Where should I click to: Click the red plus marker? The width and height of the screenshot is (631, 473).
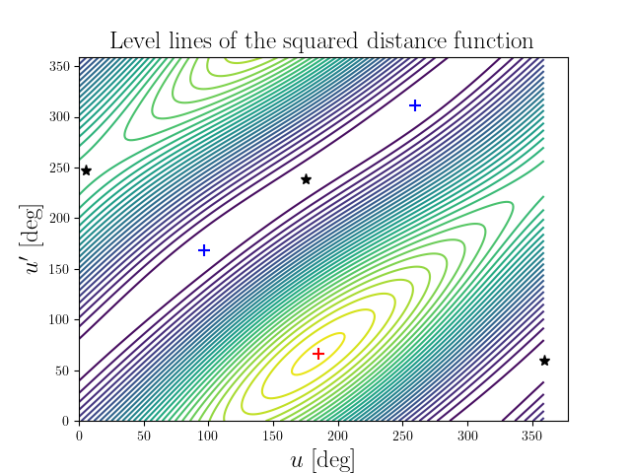[318, 354]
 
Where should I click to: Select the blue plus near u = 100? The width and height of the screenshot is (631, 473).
[204, 250]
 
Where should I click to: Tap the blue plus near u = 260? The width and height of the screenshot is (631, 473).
[415, 105]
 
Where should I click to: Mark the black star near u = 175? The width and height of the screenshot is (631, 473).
[306, 179]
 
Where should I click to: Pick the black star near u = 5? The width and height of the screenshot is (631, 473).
[86, 170]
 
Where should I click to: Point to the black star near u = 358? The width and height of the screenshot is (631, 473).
[544, 361]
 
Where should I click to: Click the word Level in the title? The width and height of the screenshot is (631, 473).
[135, 41]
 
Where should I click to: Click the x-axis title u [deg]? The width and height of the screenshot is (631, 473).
[323, 459]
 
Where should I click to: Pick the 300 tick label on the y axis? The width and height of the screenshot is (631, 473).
[61, 117]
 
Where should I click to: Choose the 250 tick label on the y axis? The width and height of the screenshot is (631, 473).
[61, 168]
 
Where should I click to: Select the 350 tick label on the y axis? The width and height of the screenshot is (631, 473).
[61, 66]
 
